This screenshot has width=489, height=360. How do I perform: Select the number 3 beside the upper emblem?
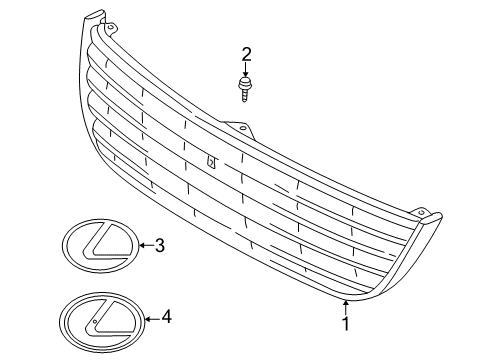[x=159, y=243]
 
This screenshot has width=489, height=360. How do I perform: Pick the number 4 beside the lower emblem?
[x=166, y=317]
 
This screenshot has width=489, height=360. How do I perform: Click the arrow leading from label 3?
[x=143, y=243]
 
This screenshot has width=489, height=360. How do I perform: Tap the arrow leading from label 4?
[x=149, y=317]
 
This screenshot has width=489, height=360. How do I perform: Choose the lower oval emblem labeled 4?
[x=104, y=319]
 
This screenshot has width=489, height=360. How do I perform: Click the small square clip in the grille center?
[x=211, y=158]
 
